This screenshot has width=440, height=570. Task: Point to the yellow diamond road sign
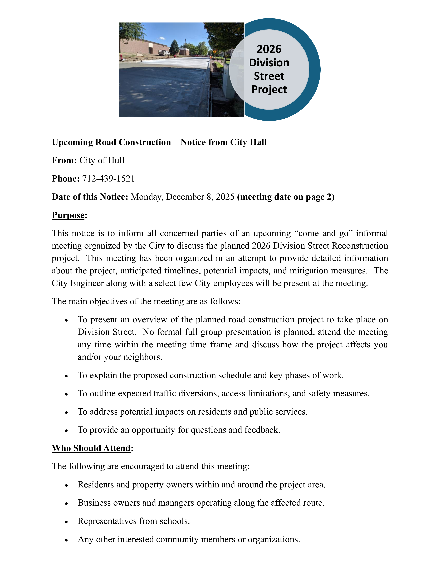(x=214, y=52)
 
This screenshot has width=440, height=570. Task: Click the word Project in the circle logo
(x=269, y=89)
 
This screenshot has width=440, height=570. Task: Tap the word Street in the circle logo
(x=269, y=76)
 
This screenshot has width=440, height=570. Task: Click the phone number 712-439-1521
(x=108, y=179)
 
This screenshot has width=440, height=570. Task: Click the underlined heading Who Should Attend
(x=91, y=448)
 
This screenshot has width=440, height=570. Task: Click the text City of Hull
(x=102, y=160)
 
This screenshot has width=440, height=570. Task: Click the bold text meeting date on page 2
(x=286, y=197)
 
